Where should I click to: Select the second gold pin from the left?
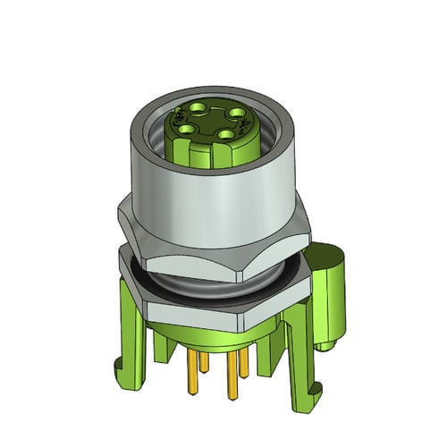[x=203, y=361]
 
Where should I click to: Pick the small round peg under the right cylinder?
[x=327, y=343]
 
